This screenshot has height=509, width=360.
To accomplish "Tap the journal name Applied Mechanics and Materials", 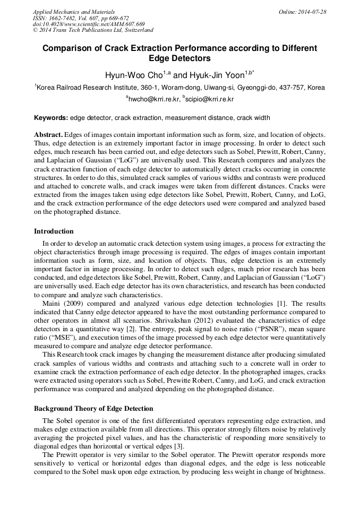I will tap(74, 12).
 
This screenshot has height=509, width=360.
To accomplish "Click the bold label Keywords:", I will tap(51, 117).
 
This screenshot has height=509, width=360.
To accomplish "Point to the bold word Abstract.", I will tap(48, 135).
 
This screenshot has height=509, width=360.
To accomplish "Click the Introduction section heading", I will tap(54, 231).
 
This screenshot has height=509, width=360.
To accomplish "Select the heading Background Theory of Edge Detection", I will tap(93, 409).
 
